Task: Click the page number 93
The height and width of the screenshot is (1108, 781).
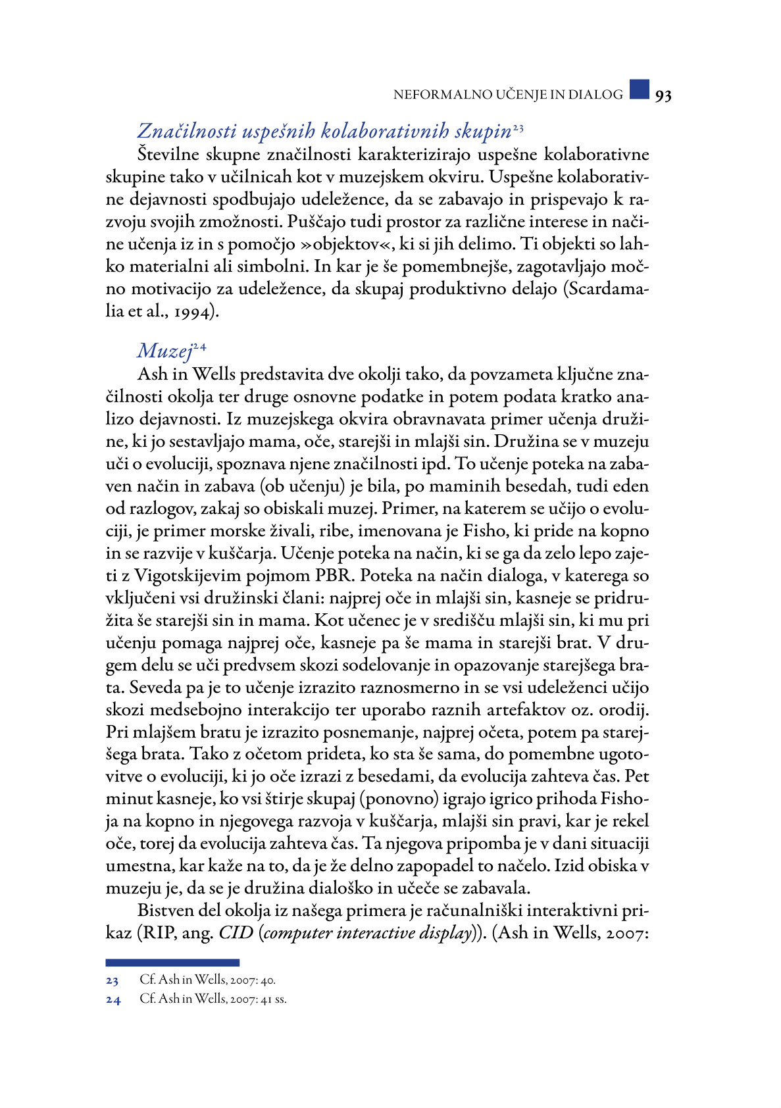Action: click(663, 95)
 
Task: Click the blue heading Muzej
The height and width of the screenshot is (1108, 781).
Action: click(164, 351)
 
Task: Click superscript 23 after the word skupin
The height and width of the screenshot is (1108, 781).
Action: click(518, 126)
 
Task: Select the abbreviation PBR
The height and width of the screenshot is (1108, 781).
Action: click(336, 576)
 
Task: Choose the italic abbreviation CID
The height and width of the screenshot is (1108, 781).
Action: click(236, 934)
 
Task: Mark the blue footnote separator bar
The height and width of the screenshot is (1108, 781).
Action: click(172, 963)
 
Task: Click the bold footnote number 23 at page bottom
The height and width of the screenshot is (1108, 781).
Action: click(113, 981)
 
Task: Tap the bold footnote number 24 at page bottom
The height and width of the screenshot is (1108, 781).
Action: click(113, 1000)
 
